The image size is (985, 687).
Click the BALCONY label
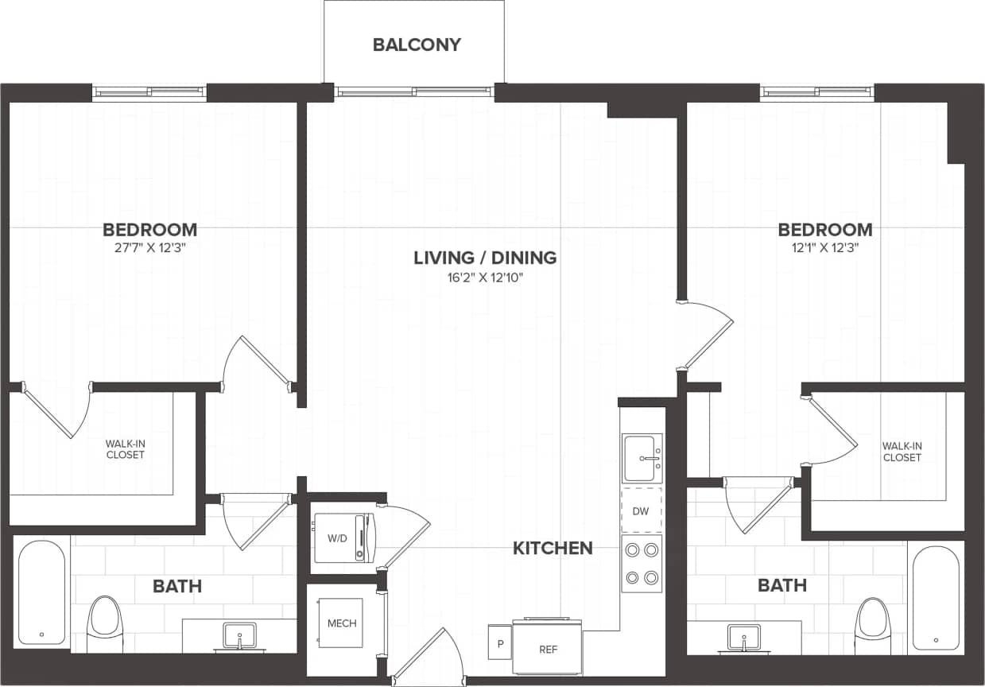417,45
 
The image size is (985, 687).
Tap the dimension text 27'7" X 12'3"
149,247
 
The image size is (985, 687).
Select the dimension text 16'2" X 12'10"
485,277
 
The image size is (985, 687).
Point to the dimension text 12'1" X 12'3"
824,247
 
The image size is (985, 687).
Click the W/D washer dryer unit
343,537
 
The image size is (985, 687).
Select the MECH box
343,623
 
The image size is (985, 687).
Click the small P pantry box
500,643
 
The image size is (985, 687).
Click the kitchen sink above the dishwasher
642,457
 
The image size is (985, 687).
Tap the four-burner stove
642,563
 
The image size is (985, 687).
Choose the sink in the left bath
239,635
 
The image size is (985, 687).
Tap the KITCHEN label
553,548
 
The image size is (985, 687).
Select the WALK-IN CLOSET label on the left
126,449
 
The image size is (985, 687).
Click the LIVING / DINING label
485,258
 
